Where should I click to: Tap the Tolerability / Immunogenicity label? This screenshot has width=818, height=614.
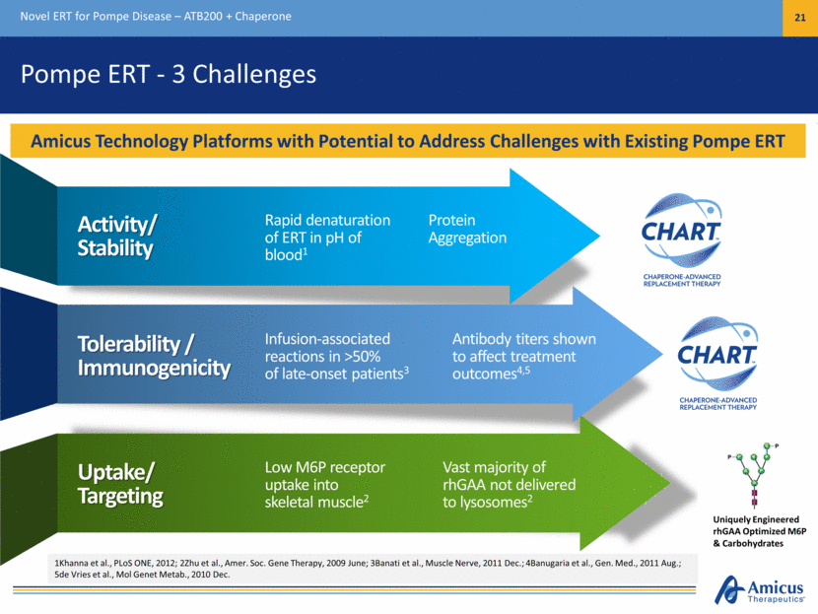(x=154, y=355)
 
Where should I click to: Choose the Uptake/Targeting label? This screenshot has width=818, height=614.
(x=120, y=481)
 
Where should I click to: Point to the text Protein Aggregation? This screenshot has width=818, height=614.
(x=467, y=229)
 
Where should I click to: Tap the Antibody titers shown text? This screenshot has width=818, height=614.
(x=513, y=355)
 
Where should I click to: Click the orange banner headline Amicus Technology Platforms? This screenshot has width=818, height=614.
(x=408, y=142)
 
